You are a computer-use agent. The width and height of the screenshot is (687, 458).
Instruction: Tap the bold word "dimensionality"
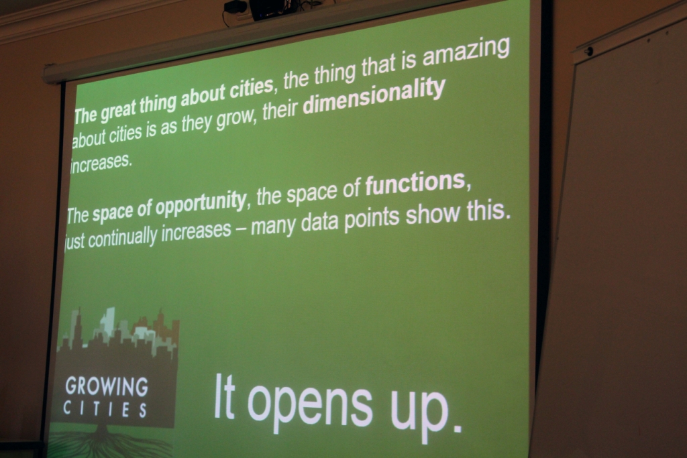(x=374, y=97)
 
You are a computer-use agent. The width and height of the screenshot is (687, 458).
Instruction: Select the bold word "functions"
(x=415, y=183)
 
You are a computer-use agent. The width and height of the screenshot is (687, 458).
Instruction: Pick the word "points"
(x=372, y=219)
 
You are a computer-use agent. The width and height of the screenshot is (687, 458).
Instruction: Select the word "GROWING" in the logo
(x=107, y=386)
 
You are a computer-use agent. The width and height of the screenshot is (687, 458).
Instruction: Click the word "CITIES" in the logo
(x=105, y=410)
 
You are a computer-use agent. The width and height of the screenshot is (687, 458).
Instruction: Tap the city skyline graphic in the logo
(x=118, y=333)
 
